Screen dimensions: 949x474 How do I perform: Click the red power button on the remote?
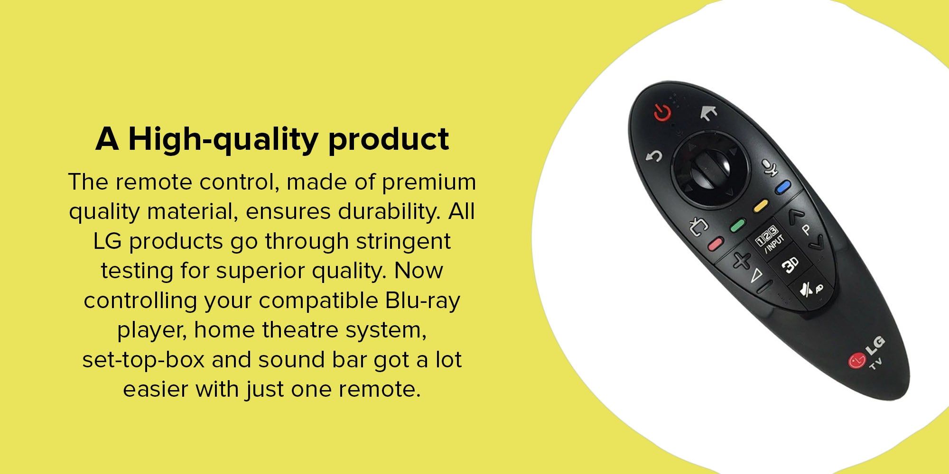[662, 112]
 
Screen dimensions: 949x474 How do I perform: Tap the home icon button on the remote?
[709, 113]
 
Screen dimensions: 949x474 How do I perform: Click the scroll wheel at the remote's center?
[710, 170]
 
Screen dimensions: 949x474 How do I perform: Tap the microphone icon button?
[770, 168]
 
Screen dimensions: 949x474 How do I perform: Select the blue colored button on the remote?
[783, 187]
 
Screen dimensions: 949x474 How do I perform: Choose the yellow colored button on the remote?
[761, 207]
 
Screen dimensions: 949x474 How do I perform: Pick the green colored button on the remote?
[738, 226]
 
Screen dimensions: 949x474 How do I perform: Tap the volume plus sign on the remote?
[741, 260]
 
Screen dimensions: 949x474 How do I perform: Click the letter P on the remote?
[806, 230]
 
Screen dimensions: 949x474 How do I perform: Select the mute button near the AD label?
[805, 289]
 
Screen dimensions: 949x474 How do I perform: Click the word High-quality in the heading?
[223, 140]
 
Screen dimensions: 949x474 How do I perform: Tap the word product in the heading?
[389, 140]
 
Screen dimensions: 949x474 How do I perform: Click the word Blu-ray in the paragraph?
[423, 301]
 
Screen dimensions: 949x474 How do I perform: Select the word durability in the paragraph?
[389, 211]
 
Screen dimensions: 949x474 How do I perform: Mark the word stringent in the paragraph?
[403, 242]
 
